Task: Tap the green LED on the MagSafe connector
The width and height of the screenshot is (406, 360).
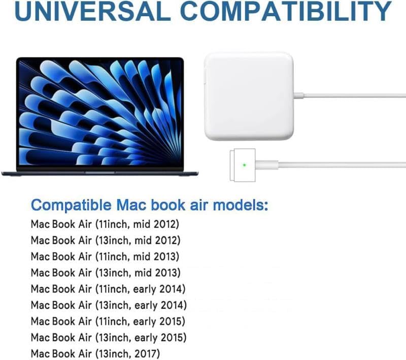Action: pos(245,164)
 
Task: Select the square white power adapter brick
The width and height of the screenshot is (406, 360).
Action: pos(249,96)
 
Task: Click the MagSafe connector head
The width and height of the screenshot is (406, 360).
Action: pos(247,165)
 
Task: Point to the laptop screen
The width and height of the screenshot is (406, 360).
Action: pos(99,113)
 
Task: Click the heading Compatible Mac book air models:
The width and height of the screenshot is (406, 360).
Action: pos(150,205)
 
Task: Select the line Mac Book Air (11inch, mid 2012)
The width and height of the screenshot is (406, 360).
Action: pos(105,224)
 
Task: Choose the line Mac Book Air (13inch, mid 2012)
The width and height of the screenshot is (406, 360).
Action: pos(106,240)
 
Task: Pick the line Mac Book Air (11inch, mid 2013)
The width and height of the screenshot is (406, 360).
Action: pos(105,256)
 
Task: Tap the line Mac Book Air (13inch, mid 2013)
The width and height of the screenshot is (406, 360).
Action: pos(106,272)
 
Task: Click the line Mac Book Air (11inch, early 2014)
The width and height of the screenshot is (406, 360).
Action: pos(108,289)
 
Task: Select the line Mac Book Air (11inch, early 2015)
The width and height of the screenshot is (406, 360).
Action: pos(108,321)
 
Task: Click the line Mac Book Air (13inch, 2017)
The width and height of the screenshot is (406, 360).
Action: pos(95,353)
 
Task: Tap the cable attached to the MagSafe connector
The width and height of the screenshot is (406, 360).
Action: pos(345,165)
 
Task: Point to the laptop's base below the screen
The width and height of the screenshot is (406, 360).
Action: pos(99,173)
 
